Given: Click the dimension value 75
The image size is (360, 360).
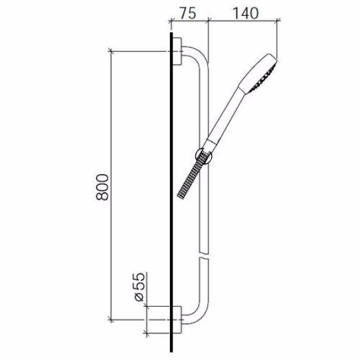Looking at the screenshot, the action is [188, 13].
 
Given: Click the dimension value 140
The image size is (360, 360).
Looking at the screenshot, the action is [245, 13].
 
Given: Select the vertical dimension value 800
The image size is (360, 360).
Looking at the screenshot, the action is [102, 187].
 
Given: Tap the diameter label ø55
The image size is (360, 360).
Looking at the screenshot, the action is [139, 286].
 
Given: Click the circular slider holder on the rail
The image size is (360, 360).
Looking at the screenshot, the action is [203, 156].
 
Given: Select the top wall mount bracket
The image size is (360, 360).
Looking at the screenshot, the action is [177, 51].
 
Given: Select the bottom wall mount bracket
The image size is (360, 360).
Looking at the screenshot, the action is [177, 319].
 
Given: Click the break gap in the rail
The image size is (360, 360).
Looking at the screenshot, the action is [204, 255].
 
